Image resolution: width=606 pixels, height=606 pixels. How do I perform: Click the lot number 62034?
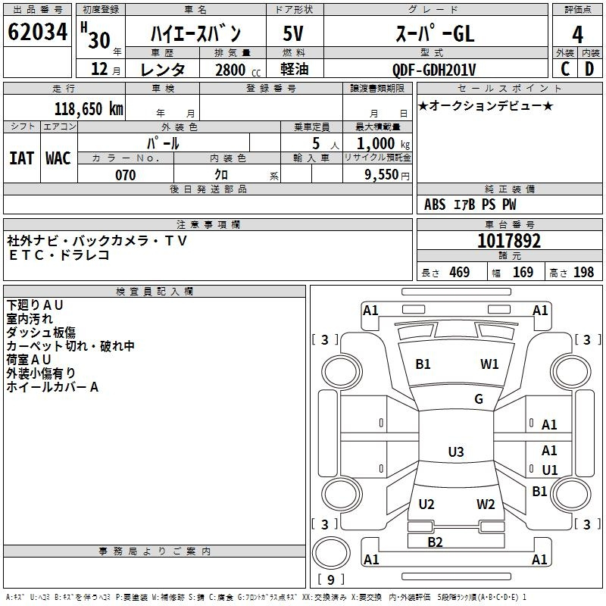[x=37, y=32]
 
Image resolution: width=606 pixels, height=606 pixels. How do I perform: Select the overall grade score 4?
[x=577, y=35]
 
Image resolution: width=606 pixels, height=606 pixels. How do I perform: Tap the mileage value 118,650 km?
[x=89, y=109]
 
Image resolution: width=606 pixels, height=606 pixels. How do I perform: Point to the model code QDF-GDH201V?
[x=434, y=70]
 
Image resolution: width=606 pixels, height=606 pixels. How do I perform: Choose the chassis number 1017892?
[x=509, y=241]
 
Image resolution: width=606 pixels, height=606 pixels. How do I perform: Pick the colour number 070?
[x=126, y=175]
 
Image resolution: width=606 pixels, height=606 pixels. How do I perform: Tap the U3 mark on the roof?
[x=456, y=451]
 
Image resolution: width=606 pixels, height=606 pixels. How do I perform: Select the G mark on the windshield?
[x=479, y=399]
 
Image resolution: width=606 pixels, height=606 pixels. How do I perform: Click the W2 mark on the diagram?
[x=486, y=504]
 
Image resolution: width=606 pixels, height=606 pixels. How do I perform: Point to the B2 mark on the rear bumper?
[x=435, y=542]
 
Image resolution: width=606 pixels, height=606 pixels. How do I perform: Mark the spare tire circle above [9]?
[x=331, y=553]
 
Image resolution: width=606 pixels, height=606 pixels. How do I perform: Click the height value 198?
[x=583, y=272]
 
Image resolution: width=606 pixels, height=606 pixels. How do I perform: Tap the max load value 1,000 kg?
[x=383, y=144]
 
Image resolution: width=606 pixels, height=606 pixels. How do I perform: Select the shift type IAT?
[x=22, y=158]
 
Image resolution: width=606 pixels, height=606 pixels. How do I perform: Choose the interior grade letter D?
[x=589, y=69]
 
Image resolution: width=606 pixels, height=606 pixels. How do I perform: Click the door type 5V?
[x=293, y=33]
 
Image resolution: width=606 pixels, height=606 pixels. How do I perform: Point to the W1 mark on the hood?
[x=489, y=364]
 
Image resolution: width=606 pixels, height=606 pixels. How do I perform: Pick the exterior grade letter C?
[x=565, y=69]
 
